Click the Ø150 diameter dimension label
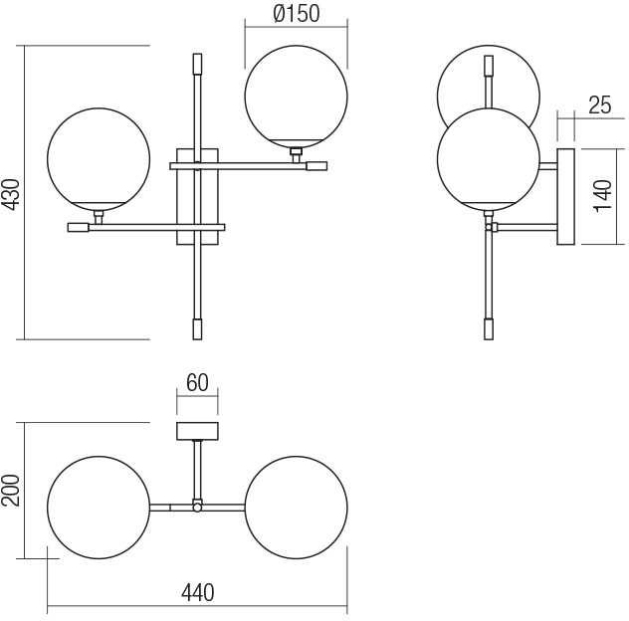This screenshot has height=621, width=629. (297, 14)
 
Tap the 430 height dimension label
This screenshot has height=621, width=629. (11, 195)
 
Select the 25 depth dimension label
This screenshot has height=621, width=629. (600, 105)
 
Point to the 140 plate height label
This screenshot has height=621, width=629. (602, 196)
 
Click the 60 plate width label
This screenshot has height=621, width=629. (197, 382)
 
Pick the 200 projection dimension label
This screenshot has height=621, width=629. (11, 491)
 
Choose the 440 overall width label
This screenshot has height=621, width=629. (198, 592)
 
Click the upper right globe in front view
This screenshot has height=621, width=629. (296, 97)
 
